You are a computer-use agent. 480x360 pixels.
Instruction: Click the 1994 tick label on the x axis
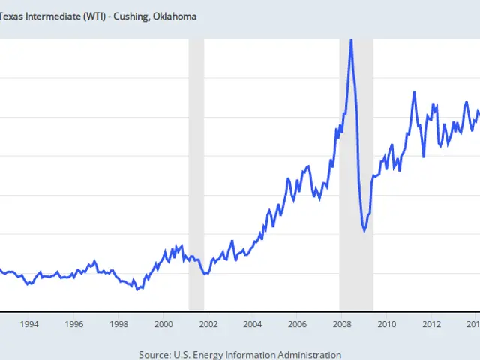pyautogui.click(x=29, y=324)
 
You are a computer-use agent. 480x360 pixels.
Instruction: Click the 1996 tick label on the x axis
pyautogui.click(x=74, y=324)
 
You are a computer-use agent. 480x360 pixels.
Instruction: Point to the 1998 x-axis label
pyautogui.click(x=118, y=324)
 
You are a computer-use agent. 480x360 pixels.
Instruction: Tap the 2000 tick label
pyautogui.click(x=163, y=324)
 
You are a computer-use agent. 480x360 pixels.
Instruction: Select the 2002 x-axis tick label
pyautogui.click(x=208, y=324)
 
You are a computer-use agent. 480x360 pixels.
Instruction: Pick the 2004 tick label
pyautogui.click(x=253, y=324)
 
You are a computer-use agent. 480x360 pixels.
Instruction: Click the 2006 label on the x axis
pyautogui.click(x=297, y=324)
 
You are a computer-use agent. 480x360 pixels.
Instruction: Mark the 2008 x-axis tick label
pyautogui.click(x=342, y=324)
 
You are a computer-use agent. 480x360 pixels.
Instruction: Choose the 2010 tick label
pyautogui.click(x=386, y=324)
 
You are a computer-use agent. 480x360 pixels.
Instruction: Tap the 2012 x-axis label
pyautogui.click(x=431, y=324)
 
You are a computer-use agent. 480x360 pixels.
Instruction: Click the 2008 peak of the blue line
pyautogui.click(x=351, y=40)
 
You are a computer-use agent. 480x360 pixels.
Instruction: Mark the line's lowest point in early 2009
pyautogui.click(x=364, y=231)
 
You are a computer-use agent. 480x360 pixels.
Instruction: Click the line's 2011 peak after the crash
pyautogui.click(x=414, y=92)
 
